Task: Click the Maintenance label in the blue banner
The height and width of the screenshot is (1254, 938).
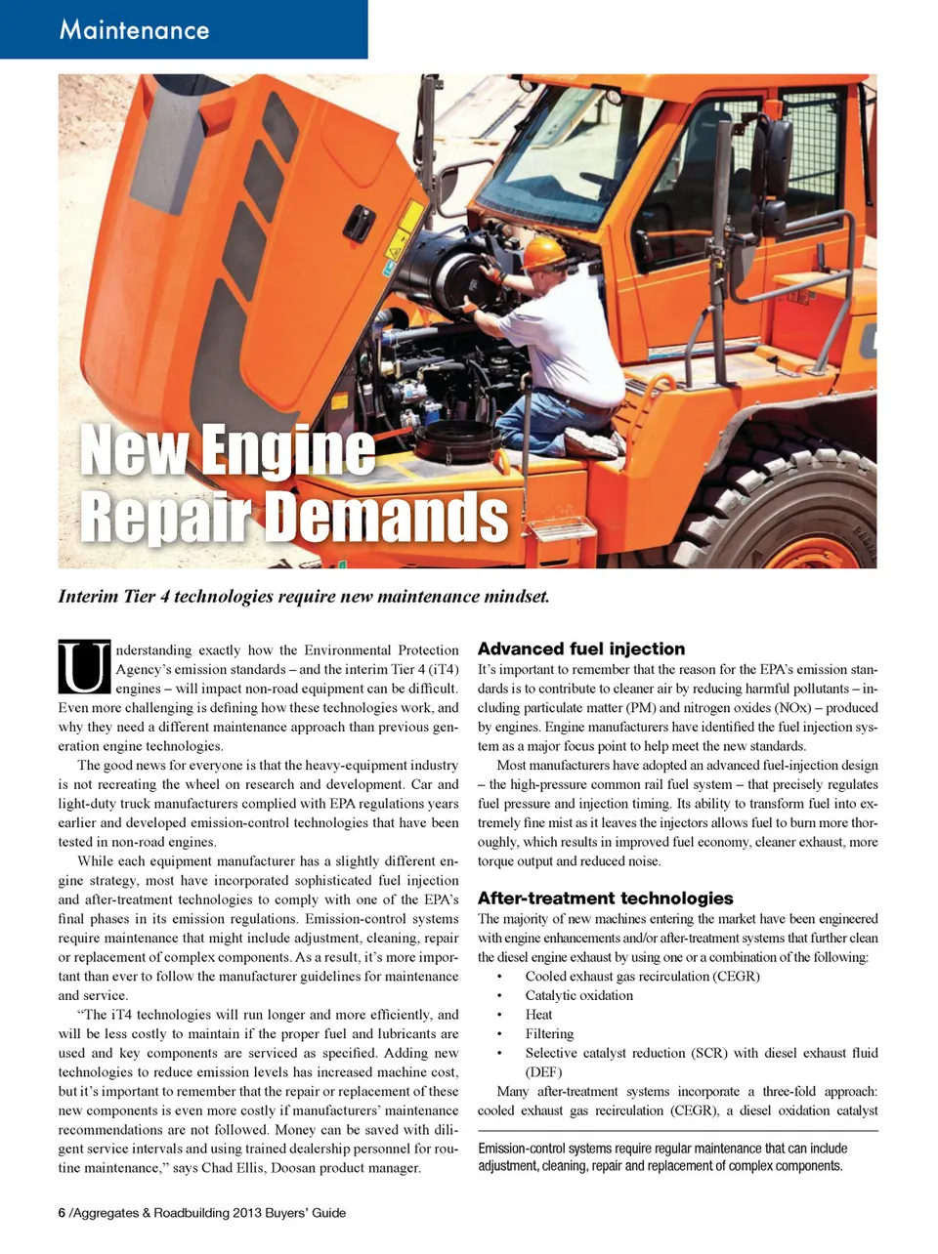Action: tap(134, 29)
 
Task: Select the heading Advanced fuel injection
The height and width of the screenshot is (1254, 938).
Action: tap(580, 648)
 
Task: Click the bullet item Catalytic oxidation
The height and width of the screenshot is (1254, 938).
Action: tap(578, 995)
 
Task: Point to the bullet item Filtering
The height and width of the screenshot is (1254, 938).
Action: tap(549, 1033)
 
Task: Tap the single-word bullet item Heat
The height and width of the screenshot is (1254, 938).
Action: tap(538, 1014)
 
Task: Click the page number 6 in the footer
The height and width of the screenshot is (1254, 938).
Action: tap(62, 1213)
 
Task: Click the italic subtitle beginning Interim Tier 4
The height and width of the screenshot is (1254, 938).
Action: tap(303, 596)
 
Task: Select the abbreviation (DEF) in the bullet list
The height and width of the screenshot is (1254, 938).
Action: tap(544, 1071)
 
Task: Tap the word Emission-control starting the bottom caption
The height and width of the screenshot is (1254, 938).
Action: tap(524, 1149)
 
